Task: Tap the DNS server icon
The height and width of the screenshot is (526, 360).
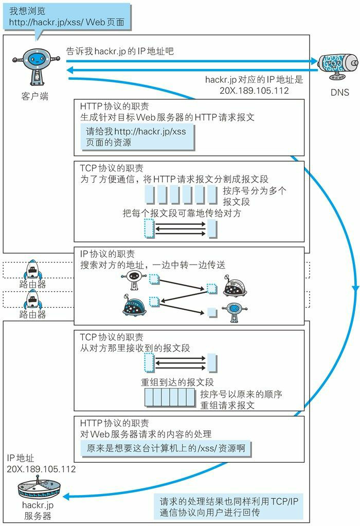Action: [337, 65]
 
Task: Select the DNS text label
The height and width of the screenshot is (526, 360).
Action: [337, 93]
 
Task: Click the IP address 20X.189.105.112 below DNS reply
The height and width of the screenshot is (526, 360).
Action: [254, 90]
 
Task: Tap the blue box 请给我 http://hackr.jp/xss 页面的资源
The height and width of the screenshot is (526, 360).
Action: [136, 136]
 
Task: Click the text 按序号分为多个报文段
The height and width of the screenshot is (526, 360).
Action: [255, 196]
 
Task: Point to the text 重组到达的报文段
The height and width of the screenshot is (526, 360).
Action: [177, 382]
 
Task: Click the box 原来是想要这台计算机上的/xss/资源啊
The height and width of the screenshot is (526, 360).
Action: [166, 448]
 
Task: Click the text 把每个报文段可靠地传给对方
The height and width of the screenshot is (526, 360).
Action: [182, 213]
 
